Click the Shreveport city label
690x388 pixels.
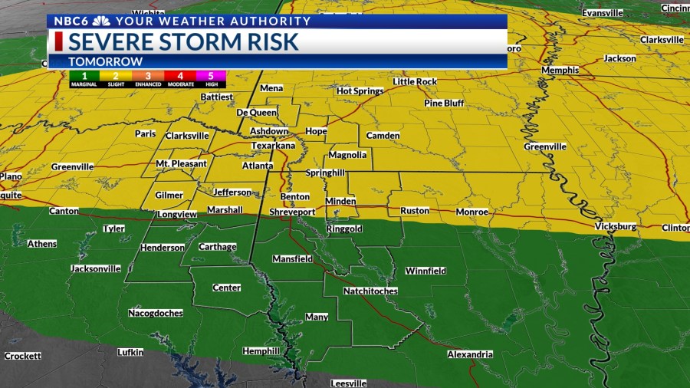(x=292, y=212)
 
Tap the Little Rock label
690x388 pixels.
(x=415, y=81)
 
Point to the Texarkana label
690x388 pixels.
(x=272, y=145)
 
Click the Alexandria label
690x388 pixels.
(x=470, y=354)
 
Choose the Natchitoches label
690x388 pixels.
(x=370, y=291)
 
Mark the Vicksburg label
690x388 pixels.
(x=616, y=227)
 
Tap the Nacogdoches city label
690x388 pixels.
(x=155, y=313)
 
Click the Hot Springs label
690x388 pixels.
(x=360, y=90)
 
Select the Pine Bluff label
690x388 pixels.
(x=445, y=103)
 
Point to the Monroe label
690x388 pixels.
(x=472, y=211)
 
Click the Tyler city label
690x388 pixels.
(x=113, y=229)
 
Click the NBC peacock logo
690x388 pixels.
(x=100, y=21)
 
